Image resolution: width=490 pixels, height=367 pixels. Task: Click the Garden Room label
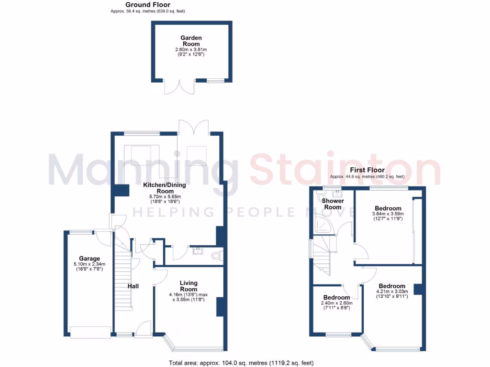[191, 41]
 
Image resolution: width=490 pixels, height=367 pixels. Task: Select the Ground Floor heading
[148, 5]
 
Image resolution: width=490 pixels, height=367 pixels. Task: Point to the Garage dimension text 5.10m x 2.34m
[89, 264]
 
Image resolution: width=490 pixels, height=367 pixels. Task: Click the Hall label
[133, 286]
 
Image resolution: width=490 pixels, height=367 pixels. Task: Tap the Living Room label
[189, 286]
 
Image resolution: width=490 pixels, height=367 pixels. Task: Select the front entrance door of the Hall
[142, 329]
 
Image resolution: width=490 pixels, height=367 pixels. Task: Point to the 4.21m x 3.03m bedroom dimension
[392, 291]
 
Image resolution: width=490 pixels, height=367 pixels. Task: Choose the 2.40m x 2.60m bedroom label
[336, 297]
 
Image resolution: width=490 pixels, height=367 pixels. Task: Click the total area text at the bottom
[242, 363]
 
